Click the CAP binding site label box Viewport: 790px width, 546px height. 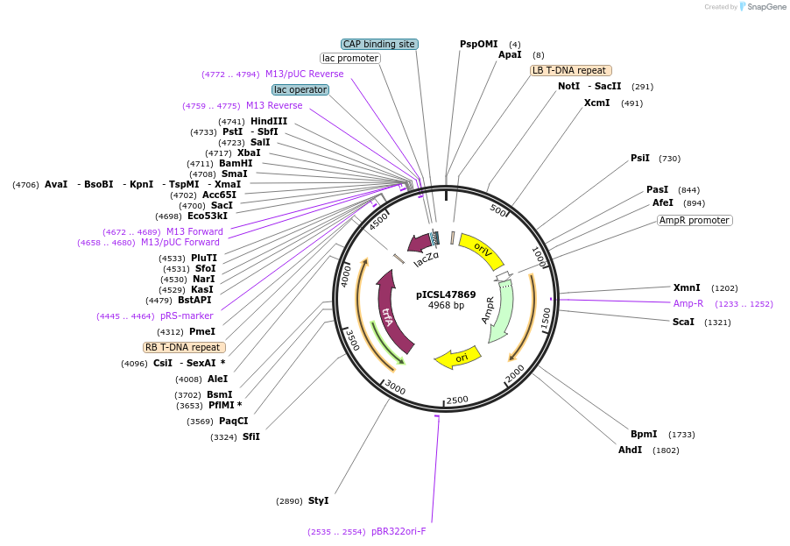pyautogui.click(x=378, y=44)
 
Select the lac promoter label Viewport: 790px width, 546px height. pyautogui.click(x=350, y=58)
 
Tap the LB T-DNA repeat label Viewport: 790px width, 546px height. pyautogui.click(x=570, y=70)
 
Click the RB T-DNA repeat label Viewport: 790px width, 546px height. pyautogui.click(x=183, y=347)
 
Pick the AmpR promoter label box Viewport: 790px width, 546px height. pyautogui.click(x=695, y=220)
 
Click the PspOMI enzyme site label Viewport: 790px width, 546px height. pyautogui.click(x=478, y=44)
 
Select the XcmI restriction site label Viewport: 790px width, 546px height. pyautogui.click(x=597, y=103)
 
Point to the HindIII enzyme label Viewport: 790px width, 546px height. pyautogui.click(x=269, y=121)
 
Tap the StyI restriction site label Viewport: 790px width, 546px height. pyautogui.click(x=318, y=500)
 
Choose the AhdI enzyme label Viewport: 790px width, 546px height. pyautogui.click(x=630, y=450)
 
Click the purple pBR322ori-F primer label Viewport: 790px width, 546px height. pyautogui.click(x=399, y=531)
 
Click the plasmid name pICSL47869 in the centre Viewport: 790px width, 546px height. pyautogui.click(x=446, y=294)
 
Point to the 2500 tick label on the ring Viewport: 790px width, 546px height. pyautogui.click(x=457, y=400)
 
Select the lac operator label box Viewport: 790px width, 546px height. pyautogui.click(x=300, y=89)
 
